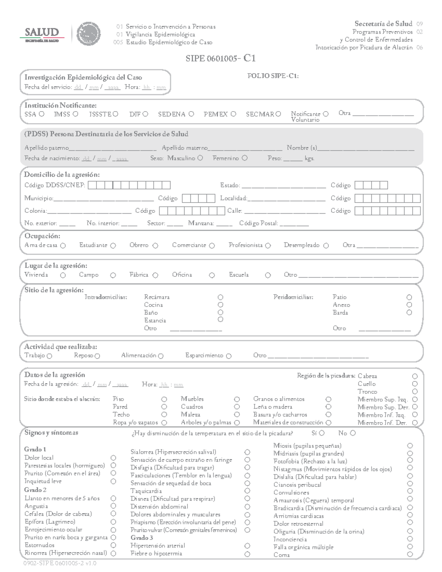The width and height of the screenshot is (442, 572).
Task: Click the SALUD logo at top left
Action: click(x=42, y=34)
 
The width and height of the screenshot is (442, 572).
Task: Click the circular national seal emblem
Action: click(x=88, y=34)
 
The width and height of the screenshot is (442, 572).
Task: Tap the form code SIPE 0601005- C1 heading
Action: click(x=221, y=59)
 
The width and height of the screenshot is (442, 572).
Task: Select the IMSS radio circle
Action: click(x=75, y=114)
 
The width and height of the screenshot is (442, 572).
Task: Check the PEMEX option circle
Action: click(x=233, y=114)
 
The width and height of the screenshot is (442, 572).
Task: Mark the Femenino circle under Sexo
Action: click(x=245, y=158)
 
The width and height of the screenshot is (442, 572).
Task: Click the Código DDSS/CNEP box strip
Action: click(x=129, y=185)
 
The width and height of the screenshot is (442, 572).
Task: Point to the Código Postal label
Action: click(x=258, y=223)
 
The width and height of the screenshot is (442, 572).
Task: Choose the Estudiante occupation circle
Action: click(x=113, y=246)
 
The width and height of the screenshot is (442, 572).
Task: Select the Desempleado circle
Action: click(x=326, y=246)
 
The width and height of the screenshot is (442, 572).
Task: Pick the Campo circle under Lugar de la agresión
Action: click(x=113, y=275)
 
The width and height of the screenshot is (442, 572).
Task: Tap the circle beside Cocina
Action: click(x=221, y=305)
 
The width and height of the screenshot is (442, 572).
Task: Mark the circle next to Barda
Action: click(x=409, y=312)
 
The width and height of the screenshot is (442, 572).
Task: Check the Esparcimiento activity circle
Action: click(x=229, y=356)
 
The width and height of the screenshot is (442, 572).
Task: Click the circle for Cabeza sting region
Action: click(x=415, y=376)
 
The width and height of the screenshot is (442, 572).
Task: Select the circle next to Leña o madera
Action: click(x=328, y=407)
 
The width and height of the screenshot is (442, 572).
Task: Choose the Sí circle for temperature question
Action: click(x=322, y=433)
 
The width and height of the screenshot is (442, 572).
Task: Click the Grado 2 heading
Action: click(x=35, y=490)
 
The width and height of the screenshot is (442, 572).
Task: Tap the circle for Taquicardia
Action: click(x=247, y=491)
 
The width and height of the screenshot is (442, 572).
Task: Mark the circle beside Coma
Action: click(x=410, y=555)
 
